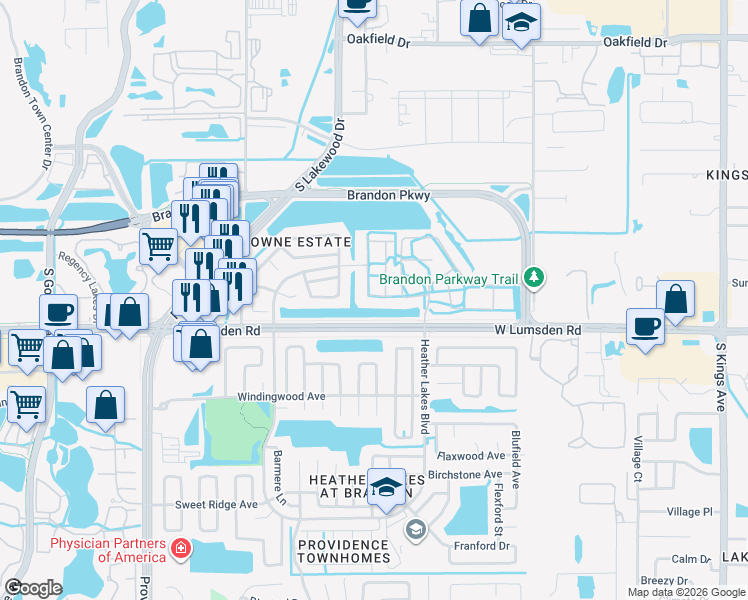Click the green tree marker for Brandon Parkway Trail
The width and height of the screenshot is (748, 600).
pos(536,277)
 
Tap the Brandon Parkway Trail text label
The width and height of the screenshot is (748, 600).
pos(451,279)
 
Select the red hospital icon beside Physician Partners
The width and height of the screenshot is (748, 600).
pos(180,549)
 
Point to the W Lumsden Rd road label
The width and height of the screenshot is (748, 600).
pos(537,330)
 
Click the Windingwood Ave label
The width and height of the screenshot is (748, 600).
pos(281,397)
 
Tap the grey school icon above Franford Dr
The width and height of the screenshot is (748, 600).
pos(415,529)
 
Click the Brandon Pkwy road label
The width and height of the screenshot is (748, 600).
pos(386,196)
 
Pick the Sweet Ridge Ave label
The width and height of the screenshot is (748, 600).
pos(216,505)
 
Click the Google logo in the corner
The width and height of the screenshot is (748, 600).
pos(33,588)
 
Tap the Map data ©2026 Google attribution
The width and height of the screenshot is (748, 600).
pos(686,592)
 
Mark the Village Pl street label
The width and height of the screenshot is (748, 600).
pos(690,511)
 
